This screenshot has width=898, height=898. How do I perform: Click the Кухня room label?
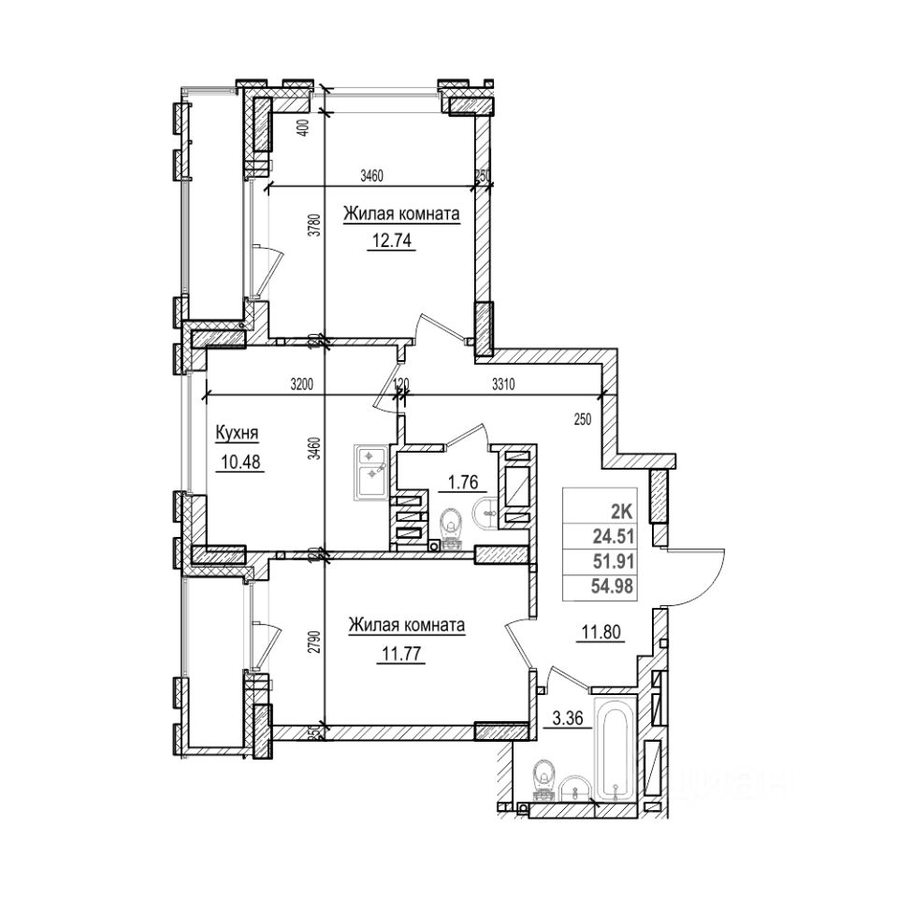point(237,433)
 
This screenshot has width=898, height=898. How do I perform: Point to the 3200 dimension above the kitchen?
point(301,384)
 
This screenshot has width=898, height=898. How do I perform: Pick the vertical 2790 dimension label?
point(316,646)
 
